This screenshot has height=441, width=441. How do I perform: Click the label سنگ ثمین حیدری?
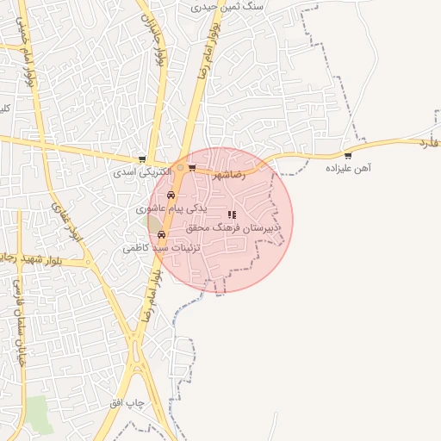coord(229,5)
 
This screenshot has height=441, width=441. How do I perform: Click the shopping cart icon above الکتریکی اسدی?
coord(142,159)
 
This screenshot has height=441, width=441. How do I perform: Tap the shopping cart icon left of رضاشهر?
coord(192,167)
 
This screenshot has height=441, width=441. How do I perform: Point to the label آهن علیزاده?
coord(347,169)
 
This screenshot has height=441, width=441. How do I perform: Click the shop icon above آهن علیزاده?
coord(348,156)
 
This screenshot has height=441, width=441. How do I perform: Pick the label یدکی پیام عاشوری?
coord(172,208)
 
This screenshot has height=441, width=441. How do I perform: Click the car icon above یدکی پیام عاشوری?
coord(171,196)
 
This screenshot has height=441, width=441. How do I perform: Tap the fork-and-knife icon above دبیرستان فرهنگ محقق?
coord(231,214)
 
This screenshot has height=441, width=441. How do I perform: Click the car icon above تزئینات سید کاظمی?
coord(161,234)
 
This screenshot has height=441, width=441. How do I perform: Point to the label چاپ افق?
coord(130,403)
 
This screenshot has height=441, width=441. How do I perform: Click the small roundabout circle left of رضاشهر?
coord(179,167)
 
